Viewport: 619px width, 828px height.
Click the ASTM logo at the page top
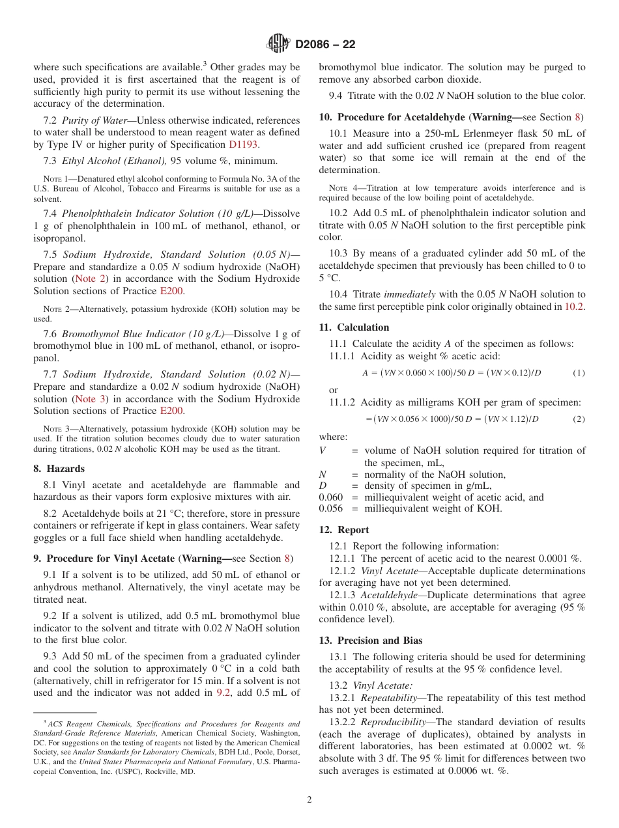[x=278, y=44]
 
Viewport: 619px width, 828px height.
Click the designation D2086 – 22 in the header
[x=325, y=45]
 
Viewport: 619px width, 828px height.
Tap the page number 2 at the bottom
[x=309, y=799]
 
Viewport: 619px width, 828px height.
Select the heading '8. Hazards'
[x=59, y=469]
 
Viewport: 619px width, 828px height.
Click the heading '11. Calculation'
[x=354, y=327]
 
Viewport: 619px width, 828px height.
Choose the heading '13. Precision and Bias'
[x=370, y=641]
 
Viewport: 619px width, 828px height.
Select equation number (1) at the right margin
[x=579, y=373]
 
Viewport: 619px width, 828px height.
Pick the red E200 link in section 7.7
[x=171, y=411]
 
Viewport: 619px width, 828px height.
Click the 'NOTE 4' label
[x=341, y=189]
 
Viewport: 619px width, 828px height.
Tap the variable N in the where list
[x=322, y=475]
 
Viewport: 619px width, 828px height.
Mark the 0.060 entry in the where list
[x=330, y=497]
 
